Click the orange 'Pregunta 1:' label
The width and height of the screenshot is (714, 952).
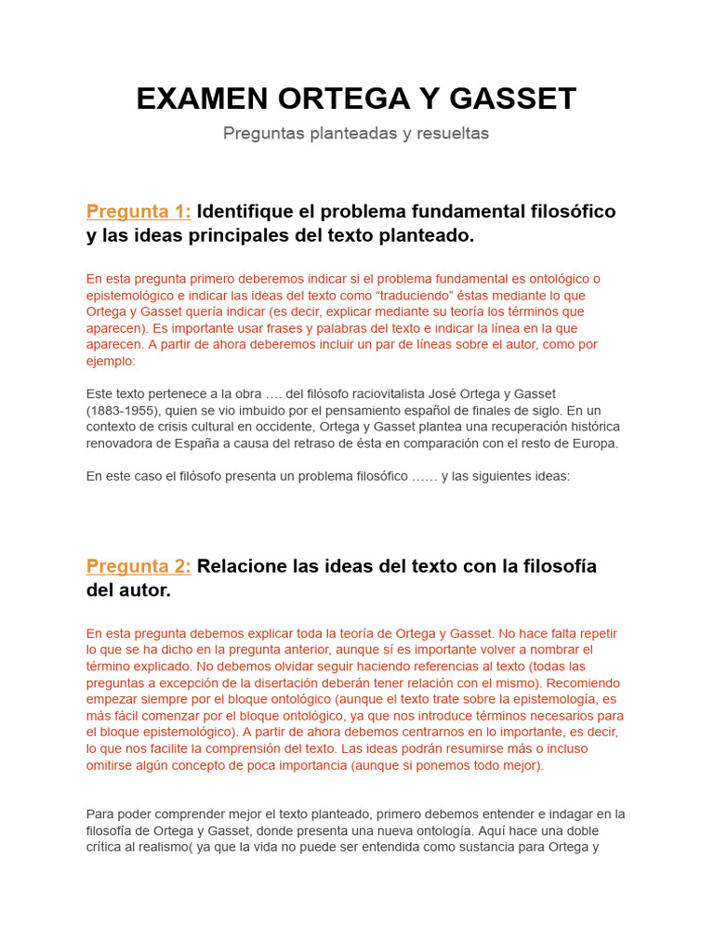click(x=139, y=211)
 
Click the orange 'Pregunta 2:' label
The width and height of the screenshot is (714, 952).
click(x=139, y=566)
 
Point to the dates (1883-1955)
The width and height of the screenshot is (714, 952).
click(x=126, y=410)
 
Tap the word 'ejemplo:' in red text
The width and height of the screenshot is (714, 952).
click(x=111, y=361)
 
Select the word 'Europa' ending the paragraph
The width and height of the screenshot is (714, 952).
click(x=594, y=443)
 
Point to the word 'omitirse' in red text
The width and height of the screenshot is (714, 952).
click(x=111, y=765)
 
